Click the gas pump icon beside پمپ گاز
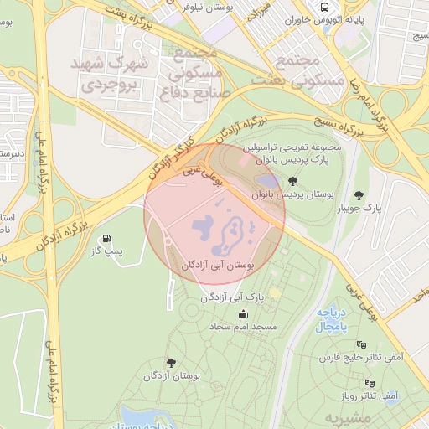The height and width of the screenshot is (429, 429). [106, 239]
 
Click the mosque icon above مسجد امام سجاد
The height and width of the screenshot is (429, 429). [244, 313]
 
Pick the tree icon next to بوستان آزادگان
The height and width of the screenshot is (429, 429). [172, 363]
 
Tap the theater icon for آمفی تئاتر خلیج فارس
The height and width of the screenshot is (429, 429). [361, 344]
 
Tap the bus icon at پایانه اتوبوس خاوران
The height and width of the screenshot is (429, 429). [321, 7]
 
